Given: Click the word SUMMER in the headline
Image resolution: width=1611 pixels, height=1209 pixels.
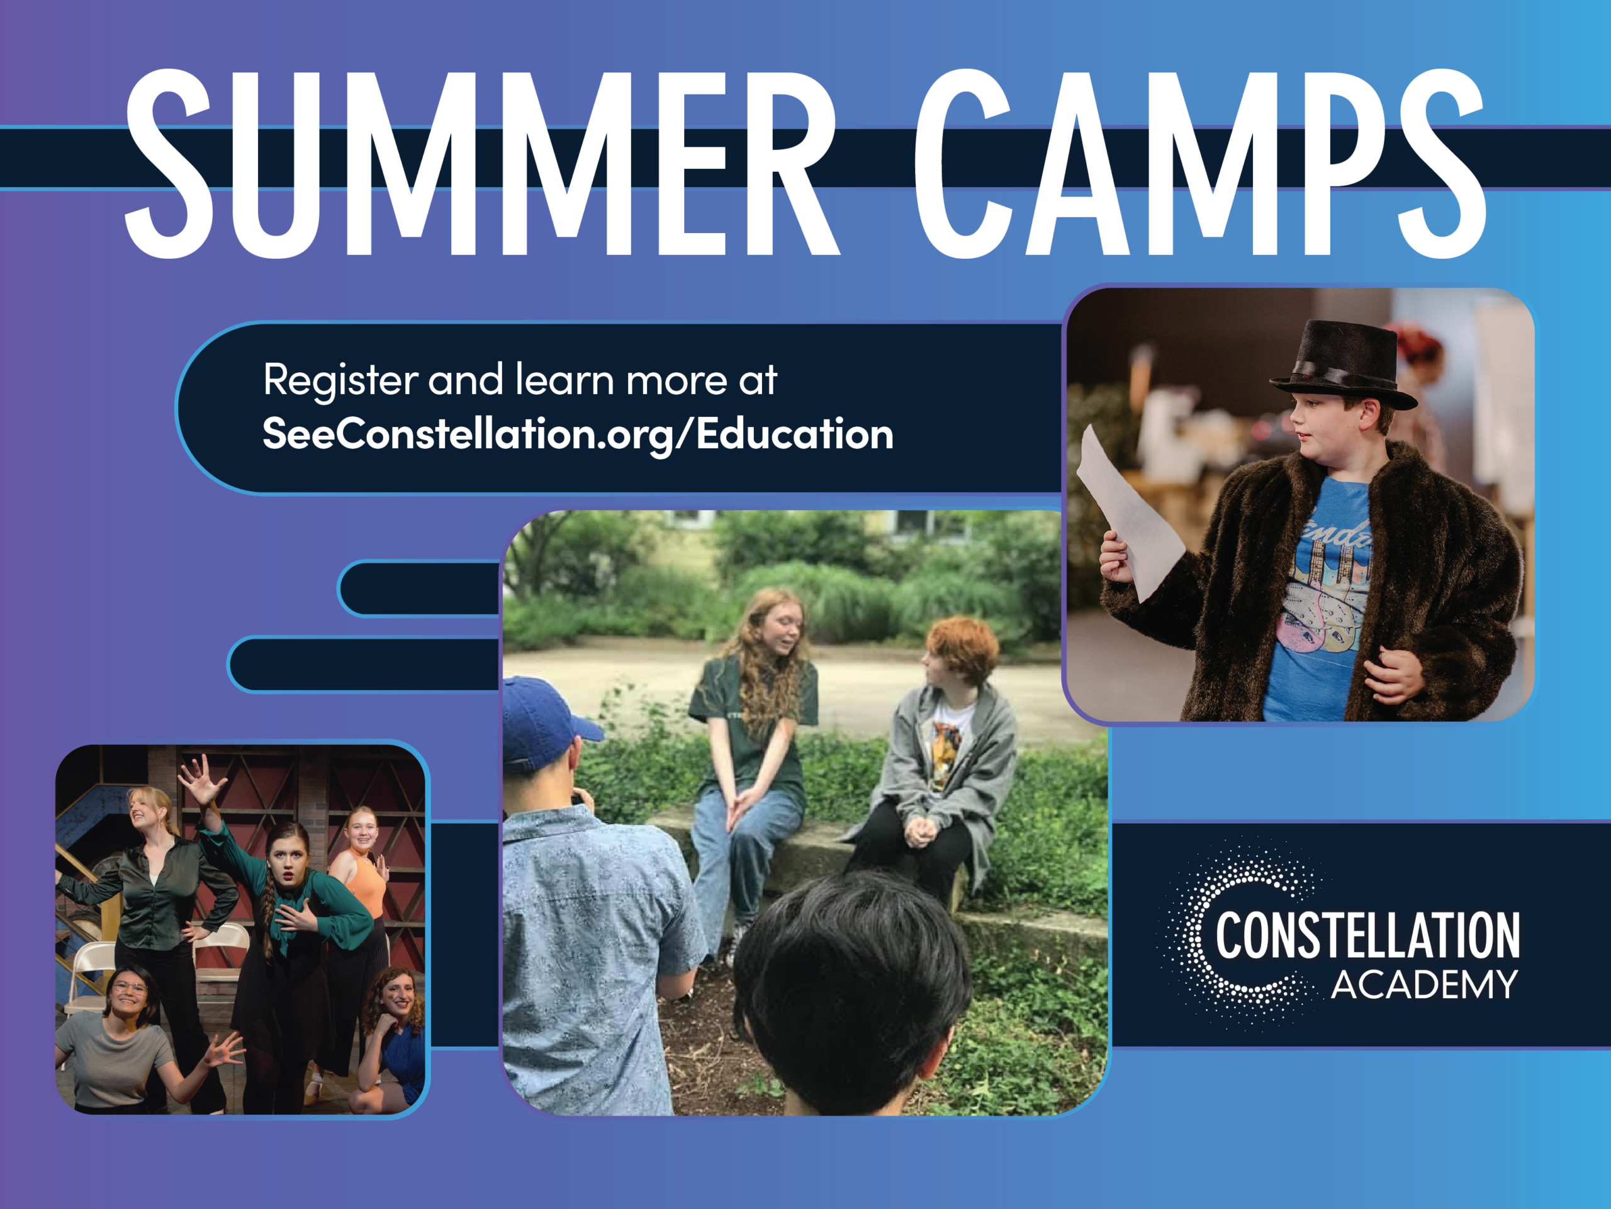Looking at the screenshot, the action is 483,163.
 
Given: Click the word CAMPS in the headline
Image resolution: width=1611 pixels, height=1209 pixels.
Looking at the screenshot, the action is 1200,163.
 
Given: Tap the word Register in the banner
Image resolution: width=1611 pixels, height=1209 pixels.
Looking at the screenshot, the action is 340,380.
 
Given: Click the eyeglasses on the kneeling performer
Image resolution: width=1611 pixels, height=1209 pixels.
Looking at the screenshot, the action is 129,988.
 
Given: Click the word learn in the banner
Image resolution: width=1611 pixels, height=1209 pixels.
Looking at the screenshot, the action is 564,380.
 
